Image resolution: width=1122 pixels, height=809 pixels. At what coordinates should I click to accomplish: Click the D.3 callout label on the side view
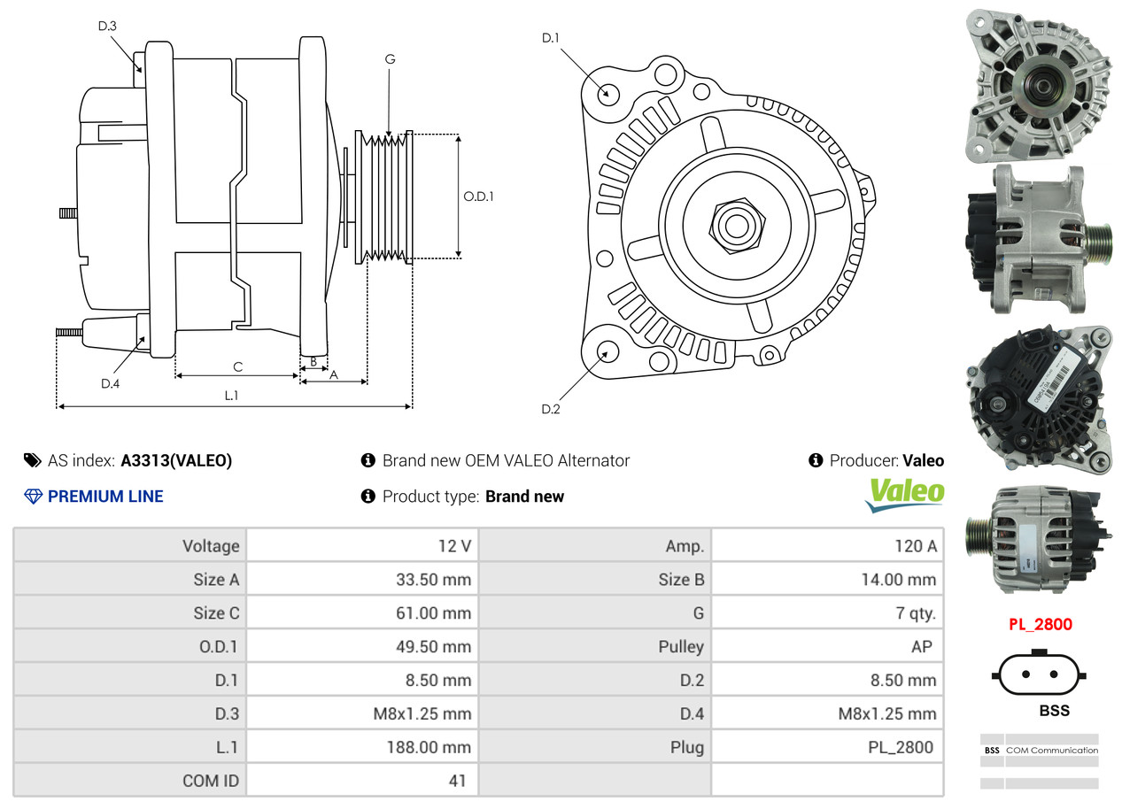pos(107,26)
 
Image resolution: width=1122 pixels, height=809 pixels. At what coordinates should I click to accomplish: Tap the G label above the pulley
pos(390,59)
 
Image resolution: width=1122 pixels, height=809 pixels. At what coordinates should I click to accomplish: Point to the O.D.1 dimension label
pos(478,196)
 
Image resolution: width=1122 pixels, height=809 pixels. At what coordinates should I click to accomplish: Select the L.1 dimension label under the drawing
pos(231,396)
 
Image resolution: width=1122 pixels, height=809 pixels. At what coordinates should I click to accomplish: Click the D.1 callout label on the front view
pos(551,38)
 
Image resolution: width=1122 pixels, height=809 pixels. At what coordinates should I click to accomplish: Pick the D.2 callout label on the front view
pos(551,409)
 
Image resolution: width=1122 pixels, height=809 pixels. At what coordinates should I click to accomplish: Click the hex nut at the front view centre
pos(737,226)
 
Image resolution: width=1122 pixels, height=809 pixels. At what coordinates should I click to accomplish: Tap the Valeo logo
pos(905,495)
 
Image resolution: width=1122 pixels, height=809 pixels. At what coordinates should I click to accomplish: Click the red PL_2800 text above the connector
pos(1041,624)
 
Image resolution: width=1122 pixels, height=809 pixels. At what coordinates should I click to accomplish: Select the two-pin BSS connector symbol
pos(1040,674)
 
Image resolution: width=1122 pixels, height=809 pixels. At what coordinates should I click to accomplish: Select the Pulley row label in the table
pos(681,646)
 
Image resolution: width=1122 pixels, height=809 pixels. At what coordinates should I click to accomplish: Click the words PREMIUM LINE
pos(105,497)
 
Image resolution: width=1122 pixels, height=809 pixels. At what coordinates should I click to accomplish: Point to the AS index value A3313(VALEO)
pos(176,460)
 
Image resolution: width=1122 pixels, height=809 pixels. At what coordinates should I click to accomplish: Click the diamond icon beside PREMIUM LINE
pos(33,497)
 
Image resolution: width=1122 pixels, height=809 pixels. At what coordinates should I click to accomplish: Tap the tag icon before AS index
pos(33,460)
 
